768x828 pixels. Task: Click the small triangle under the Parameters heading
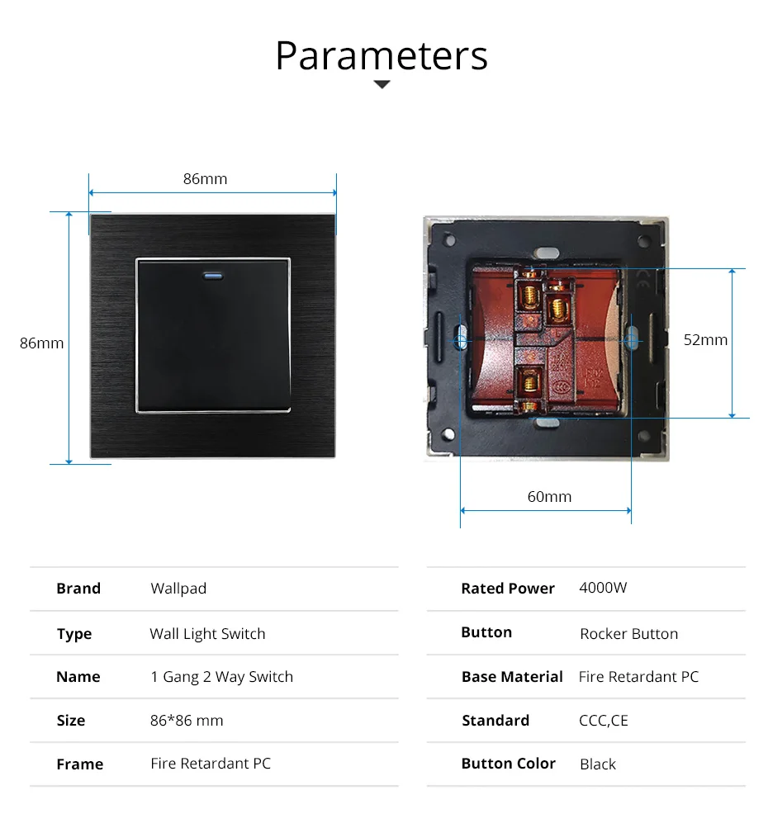(x=382, y=84)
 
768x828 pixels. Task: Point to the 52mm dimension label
(x=705, y=339)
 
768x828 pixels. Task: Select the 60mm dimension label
(x=549, y=496)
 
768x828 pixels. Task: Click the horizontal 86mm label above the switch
(x=205, y=178)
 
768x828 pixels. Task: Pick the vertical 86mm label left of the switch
(x=41, y=343)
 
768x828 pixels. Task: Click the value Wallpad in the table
(x=178, y=589)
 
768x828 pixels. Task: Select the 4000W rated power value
(x=603, y=588)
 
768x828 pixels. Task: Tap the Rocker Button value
(x=628, y=634)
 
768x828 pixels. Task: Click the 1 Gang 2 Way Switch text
(x=221, y=677)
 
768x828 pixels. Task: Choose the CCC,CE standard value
(x=603, y=721)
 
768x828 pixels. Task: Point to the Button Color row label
(x=508, y=764)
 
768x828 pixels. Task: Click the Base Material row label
(x=512, y=677)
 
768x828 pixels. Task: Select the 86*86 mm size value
(x=187, y=721)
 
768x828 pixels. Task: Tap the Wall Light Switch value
(x=207, y=634)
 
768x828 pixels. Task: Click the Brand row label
(x=78, y=589)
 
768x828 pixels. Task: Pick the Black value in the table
(x=597, y=764)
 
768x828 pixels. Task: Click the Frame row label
(x=79, y=764)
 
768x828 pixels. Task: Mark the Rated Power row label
(x=508, y=589)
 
